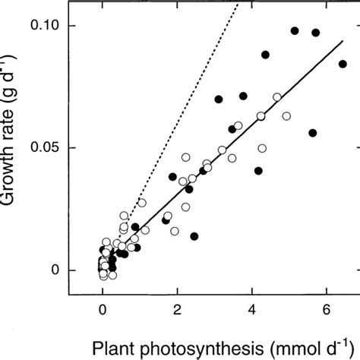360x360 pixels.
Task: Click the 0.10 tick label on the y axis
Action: pos(46,26)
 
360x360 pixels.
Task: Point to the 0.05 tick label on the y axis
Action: pos(46,148)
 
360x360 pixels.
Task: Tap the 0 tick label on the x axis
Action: pos(103,310)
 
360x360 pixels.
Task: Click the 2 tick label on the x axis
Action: pos(177,310)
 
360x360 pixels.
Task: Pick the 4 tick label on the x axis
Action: pos(251,310)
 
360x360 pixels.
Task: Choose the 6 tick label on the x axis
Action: pos(326,310)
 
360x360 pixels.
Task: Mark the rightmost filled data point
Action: pos(343,64)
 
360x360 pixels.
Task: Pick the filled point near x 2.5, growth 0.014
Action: pos(194,236)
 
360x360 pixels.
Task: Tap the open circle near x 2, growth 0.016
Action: pos(175,231)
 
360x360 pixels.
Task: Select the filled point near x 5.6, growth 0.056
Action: pos(312,133)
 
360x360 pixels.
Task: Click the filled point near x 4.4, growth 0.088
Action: pos(266,55)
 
